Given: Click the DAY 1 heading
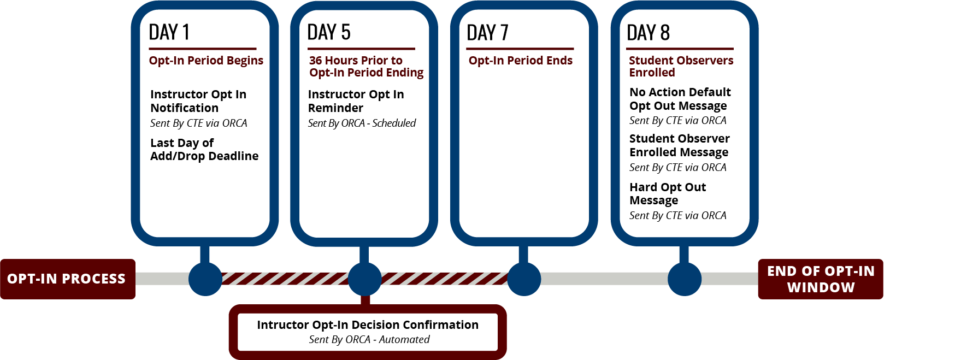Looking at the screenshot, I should click(169, 32).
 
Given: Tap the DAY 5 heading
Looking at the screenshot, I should click(329, 32).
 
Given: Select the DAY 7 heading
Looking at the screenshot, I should click(487, 33).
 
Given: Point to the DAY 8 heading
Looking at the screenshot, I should click(648, 33).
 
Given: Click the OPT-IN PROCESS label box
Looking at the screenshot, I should click(67, 279).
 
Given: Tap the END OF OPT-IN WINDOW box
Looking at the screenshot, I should click(820, 279).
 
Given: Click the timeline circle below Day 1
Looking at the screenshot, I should click(205, 279).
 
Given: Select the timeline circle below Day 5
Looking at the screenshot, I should click(364, 279).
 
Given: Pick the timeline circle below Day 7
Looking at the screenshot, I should click(524, 279).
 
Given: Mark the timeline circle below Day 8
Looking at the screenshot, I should click(684, 279).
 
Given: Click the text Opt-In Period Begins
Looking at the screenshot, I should click(206, 61).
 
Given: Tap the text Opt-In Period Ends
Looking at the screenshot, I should click(520, 61).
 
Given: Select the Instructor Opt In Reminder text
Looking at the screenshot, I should click(356, 101).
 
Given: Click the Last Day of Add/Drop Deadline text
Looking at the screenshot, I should click(204, 149).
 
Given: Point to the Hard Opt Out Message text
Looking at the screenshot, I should click(667, 193).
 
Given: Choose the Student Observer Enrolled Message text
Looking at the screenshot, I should click(679, 145).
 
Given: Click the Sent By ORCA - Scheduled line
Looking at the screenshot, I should click(362, 123).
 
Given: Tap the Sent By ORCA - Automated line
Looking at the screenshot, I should click(369, 339).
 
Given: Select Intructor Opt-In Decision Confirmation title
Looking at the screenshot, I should click(368, 324).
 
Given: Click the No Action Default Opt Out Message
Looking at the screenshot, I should click(680, 99).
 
